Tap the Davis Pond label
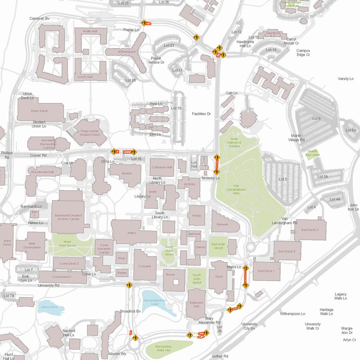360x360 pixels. point(49,307)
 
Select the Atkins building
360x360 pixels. point(132,233)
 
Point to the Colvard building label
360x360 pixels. point(145,266)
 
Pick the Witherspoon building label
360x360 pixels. point(127,52)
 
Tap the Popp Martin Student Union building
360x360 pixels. point(89,133)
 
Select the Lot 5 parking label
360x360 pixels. point(282,179)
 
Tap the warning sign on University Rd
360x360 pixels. point(129,286)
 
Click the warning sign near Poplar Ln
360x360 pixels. point(143,23)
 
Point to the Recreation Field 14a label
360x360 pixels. point(163,348)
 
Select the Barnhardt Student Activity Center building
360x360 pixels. point(68,217)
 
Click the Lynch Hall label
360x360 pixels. point(84,77)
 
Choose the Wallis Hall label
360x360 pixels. point(90,31)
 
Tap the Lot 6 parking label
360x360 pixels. point(316,118)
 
